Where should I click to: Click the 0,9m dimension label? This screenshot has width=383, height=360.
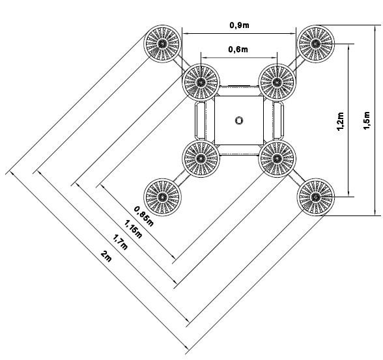pyautogui.click(x=239, y=25)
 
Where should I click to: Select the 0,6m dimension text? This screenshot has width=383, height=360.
pyautogui.click(x=238, y=49)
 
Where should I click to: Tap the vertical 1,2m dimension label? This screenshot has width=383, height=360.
pyautogui.click(x=340, y=121)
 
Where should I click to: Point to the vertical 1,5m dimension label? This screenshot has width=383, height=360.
pyautogui.click(x=367, y=120)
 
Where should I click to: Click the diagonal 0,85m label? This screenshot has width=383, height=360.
pyautogui.click(x=144, y=216)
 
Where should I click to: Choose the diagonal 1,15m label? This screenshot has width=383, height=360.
pyautogui.click(x=133, y=229)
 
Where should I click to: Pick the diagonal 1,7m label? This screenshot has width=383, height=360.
pyautogui.click(x=120, y=242)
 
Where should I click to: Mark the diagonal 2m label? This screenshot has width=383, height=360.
pyautogui.click(x=106, y=256)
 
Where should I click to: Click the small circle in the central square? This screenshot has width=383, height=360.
pyautogui.click(x=239, y=120)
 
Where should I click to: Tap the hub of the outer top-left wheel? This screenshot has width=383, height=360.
pyautogui.click(x=162, y=44)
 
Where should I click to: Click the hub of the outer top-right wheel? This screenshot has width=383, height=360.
pyautogui.click(x=315, y=44)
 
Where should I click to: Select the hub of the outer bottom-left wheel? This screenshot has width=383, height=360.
pyautogui.click(x=162, y=197)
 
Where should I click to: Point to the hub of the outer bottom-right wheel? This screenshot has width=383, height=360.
pyautogui.click(x=315, y=197)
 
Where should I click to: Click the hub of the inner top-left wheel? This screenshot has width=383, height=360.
pyautogui.click(x=201, y=82)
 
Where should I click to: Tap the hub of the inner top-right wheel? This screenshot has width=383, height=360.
pyautogui.click(x=277, y=82)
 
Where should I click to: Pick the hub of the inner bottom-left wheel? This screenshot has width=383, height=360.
pyautogui.click(x=201, y=159)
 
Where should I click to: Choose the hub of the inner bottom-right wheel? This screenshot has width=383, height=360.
pyautogui.click(x=277, y=159)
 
